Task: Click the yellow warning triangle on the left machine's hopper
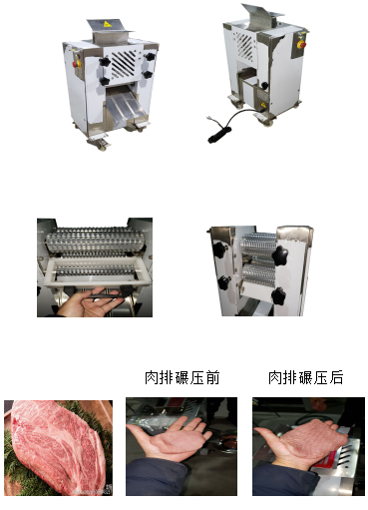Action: (107, 24)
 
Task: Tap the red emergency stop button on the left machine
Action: (76, 64)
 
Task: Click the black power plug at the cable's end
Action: (218, 134)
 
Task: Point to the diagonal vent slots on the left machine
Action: (123, 64)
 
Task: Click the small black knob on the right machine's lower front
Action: (264, 86)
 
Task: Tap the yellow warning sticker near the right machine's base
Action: (263, 105)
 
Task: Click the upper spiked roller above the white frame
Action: (96, 242)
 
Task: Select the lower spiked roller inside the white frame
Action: (95, 271)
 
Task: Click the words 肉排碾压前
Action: (183, 377)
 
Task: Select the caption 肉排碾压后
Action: (305, 377)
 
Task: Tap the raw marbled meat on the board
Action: (58, 447)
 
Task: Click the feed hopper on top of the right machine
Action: (262, 16)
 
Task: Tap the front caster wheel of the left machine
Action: (100, 144)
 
